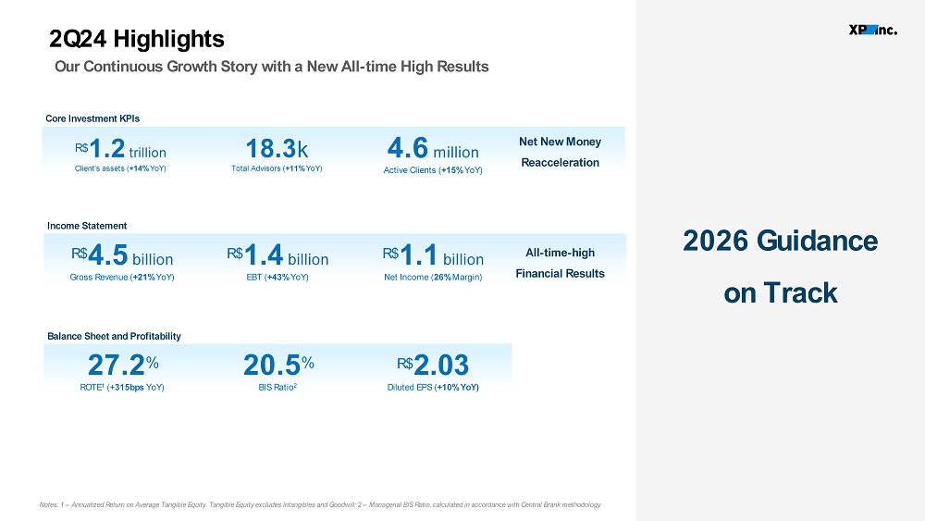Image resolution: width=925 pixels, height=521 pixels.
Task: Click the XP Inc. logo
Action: (873, 30)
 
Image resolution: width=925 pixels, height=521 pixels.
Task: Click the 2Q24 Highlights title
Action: (136, 39)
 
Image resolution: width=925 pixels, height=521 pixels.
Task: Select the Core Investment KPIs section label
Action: (92, 118)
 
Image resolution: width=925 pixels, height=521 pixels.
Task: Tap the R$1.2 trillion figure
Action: (120, 149)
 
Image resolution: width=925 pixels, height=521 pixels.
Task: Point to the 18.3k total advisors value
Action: (277, 149)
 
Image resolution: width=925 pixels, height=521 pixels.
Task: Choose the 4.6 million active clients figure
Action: (433, 148)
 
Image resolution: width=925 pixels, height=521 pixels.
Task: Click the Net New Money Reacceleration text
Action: (560, 153)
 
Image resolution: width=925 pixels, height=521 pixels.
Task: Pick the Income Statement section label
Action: (87, 226)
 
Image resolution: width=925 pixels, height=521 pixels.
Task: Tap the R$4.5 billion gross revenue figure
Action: (122, 256)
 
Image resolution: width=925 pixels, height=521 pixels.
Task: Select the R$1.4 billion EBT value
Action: (277, 256)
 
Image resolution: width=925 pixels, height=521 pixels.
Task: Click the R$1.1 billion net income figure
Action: (433, 256)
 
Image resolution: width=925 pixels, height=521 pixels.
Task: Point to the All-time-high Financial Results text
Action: (560, 263)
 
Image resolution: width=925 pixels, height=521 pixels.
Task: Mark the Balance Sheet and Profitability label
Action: (114, 336)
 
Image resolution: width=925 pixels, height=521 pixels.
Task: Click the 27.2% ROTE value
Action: (123, 365)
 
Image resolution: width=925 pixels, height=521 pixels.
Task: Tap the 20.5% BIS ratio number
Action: (278, 365)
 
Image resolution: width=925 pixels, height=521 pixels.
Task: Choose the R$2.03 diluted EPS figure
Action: (433, 365)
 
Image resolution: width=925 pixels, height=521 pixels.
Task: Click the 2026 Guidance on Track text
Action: (780, 267)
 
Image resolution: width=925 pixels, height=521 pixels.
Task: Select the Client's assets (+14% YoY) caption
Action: (120, 168)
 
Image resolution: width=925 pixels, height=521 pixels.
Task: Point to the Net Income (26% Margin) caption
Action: (433, 278)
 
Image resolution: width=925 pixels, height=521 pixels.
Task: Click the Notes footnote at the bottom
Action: (320, 504)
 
